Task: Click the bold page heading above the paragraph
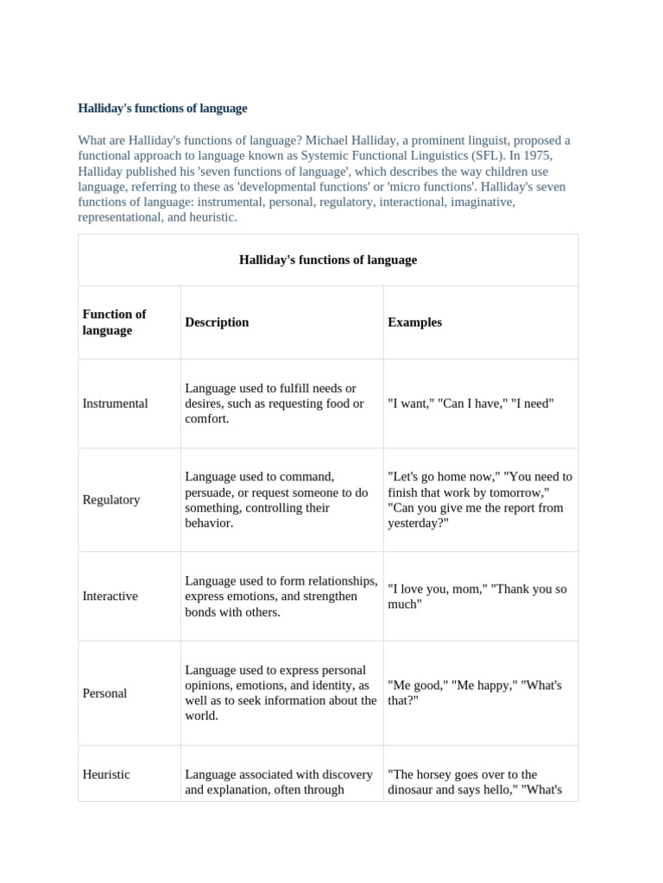[x=162, y=109]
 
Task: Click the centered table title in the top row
[x=327, y=260]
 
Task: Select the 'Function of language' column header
[x=114, y=322]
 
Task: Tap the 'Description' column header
[x=217, y=322]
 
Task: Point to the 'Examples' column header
[x=414, y=322]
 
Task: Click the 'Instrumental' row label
[x=115, y=404]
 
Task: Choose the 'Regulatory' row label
[x=110, y=500]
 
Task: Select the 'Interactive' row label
[x=110, y=597]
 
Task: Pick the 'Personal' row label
[x=104, y=693]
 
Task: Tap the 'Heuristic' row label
[x=106, y=774]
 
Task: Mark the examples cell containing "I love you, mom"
[x=477, y=597]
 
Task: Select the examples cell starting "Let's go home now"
[x=480, y=500]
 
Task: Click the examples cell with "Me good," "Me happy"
[x=475, y=693]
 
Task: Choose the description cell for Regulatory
[x=276, y=500]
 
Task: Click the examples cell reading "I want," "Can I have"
[x=470, y=404]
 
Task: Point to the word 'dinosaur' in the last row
[x=414, y=790]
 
